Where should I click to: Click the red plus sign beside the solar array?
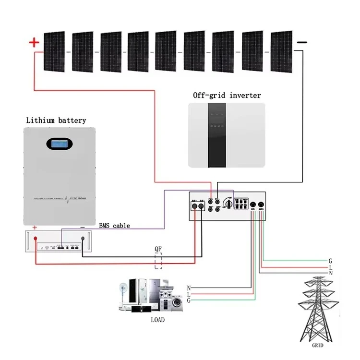coord(34,43)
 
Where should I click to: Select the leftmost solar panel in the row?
coord(54,51)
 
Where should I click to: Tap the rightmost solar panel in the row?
coord(281,51)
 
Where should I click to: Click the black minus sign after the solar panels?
coord(302,43)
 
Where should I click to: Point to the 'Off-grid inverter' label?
coord(227,95)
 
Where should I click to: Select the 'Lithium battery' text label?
coord(56,120)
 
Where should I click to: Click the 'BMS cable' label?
coord(114,225)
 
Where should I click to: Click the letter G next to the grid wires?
coord(330,261)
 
